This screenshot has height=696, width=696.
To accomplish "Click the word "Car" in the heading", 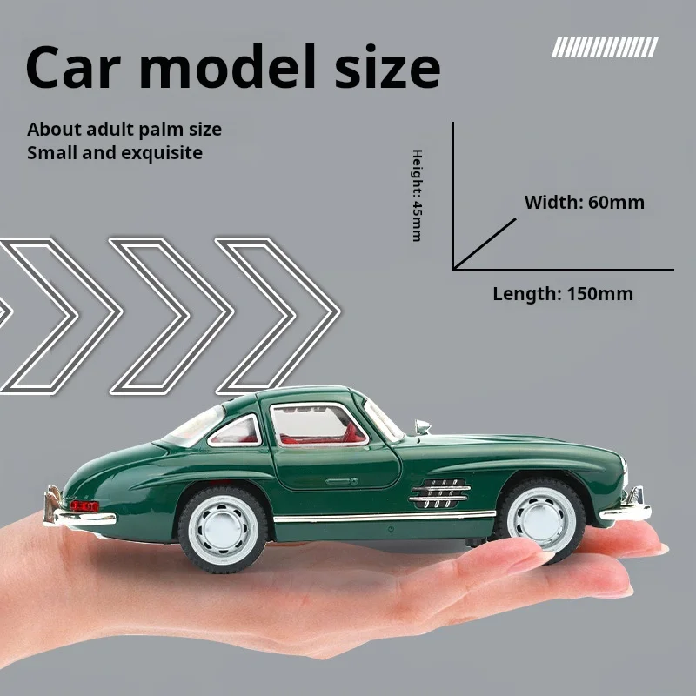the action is tap(78, 69).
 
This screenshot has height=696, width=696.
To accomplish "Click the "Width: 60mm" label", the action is tap(584, 203).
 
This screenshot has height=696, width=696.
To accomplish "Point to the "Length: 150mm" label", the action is tap(563, 293).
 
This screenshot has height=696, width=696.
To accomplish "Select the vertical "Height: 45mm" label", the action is tap(417, 195).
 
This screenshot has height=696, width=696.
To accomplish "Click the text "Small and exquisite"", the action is tap(115, 153).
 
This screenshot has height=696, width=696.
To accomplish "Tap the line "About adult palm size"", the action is tap(124, 130).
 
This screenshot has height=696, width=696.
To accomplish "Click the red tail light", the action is tap(84, 505).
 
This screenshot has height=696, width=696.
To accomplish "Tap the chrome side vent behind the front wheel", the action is tap(439, 493).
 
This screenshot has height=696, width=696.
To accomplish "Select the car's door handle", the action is tap(340, 480).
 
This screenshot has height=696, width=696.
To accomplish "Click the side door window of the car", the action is tap(318, 425).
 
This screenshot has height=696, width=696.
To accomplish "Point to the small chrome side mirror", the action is tap(423, 426).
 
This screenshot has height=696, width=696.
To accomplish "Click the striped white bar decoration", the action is tap(605, 47).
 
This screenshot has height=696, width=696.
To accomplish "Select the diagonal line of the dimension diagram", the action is tap(485, 244).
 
